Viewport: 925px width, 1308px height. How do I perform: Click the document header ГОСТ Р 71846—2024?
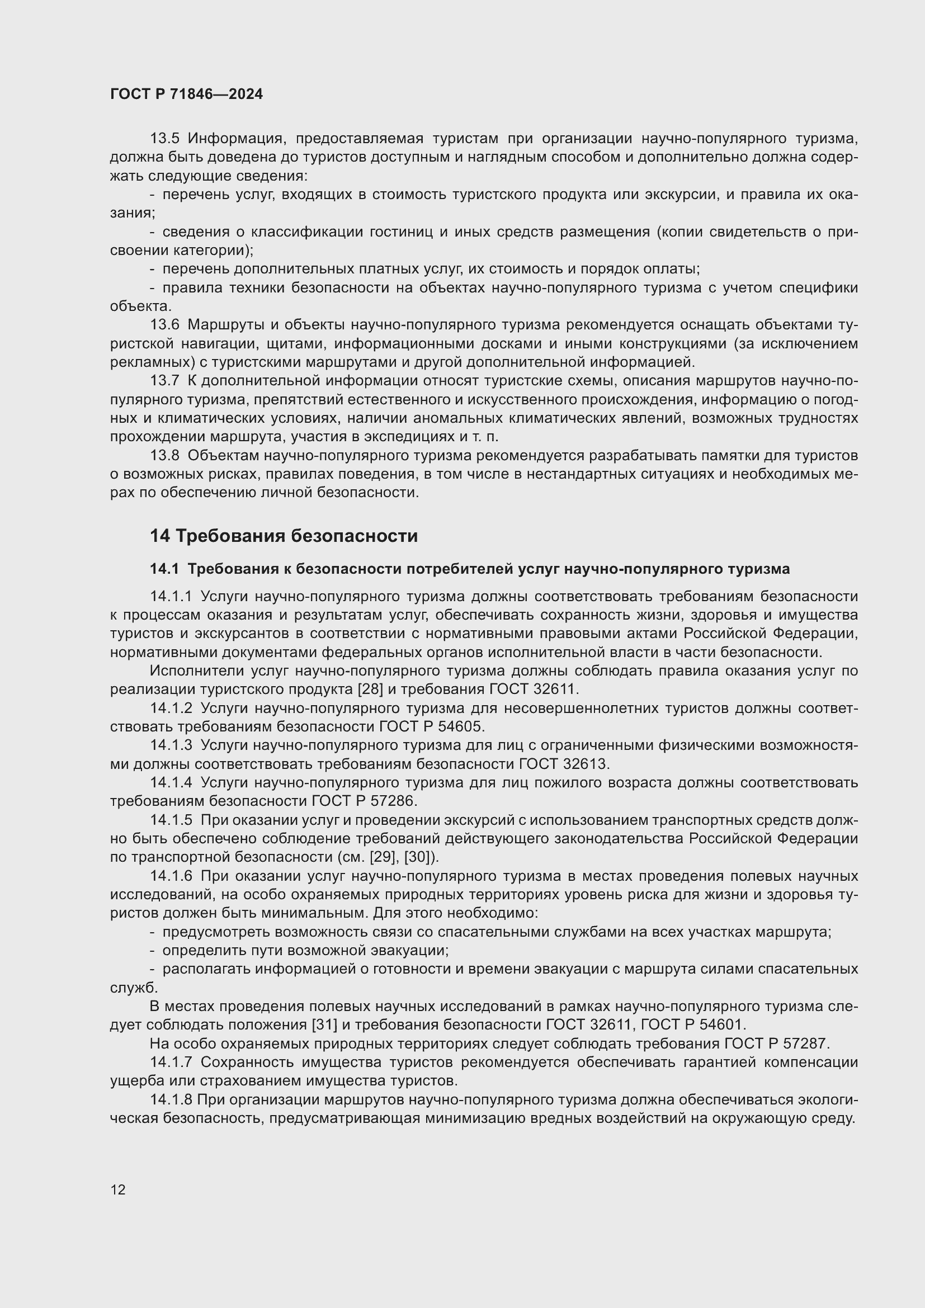pyautogui.click(x=186, y=95)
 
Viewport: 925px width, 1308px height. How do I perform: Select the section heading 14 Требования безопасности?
pyautogui.click(x=284, y=536)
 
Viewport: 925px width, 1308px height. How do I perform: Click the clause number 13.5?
pyautogui.click(x=164, y=139)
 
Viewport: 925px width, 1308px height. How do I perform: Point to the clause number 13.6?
pyautogui.click(x=164, y=325)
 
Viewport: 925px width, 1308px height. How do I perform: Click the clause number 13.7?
pyautogui.click(x=164, y=381)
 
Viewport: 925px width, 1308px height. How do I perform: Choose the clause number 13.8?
pyautogui.click(x=164, y=455)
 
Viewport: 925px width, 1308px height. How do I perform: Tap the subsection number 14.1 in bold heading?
pyautogui.click(x=164, y=569)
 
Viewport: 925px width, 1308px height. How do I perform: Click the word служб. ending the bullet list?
pyautogui.click(x=134, y=988)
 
